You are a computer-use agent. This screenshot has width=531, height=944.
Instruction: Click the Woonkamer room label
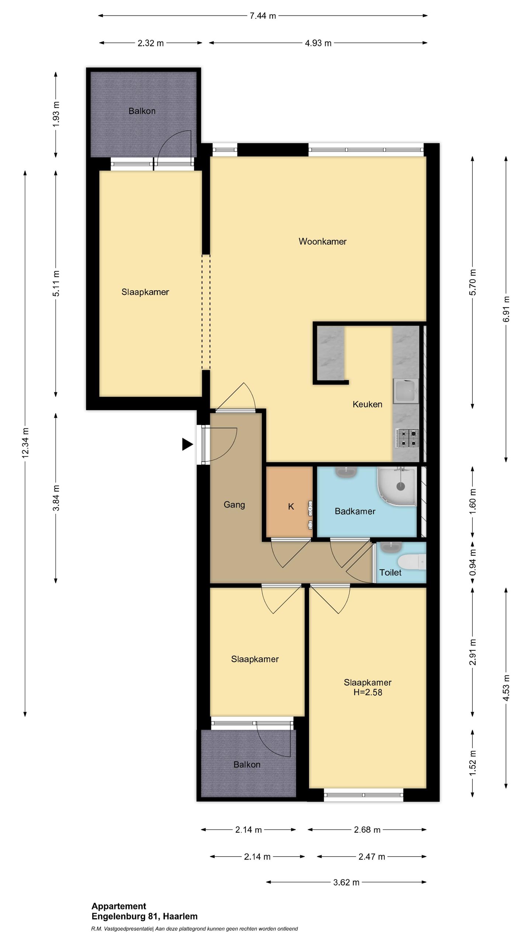tap(322, 242)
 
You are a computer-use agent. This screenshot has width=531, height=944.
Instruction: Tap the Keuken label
tap(367, 404)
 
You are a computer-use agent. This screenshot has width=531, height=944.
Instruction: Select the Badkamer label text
tap(355, 511)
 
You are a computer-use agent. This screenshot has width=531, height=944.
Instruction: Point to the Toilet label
tap(390, 572)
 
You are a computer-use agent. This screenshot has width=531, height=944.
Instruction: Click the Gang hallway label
tap(234, 504)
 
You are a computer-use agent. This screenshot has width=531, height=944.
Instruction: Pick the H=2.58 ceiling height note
tap(368, 692)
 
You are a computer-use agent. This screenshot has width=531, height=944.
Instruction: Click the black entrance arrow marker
tap(187, 444)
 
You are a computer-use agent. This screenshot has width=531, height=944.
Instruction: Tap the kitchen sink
tap(406, 391)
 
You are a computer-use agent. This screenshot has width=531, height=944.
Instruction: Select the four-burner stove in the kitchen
tap(407, 438)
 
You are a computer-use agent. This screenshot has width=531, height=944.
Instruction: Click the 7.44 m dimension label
tap(263, 16)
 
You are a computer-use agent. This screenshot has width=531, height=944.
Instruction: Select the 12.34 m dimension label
tap(25, 443)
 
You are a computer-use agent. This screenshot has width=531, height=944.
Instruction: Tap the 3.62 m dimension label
tap(346, 882)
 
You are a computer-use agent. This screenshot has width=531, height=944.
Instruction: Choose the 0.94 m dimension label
tap(472, 562)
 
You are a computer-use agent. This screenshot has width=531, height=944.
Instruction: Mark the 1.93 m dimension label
tap(56, 114)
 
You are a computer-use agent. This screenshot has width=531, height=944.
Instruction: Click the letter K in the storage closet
tap(291, 507)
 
